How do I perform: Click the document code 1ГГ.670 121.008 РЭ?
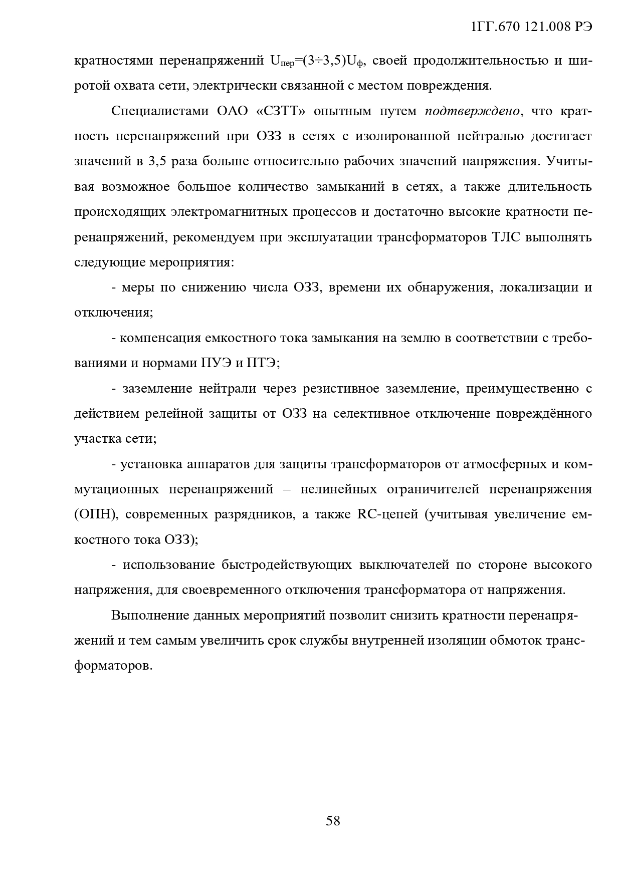coord(532,28)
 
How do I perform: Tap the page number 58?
coord(333,821)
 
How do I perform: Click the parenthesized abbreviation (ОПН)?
coord(96,515)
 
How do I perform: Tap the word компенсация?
coord(160,338)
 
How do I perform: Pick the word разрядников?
coord(254,515)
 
